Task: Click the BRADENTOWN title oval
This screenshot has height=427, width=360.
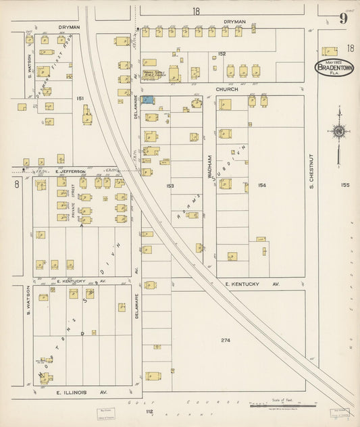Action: (334, 68)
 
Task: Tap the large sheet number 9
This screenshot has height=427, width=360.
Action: (344, 19)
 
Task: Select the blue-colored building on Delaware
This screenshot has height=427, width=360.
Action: (147, 100)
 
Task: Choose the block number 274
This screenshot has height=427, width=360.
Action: (225, 340)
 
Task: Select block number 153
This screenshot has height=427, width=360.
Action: (170, 184)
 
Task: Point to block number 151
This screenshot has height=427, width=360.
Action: (80, 99)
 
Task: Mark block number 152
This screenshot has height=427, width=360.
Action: (221, 53)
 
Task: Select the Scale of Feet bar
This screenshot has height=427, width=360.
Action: (283, 405)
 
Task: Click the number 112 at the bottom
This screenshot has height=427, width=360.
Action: (149, 411)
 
